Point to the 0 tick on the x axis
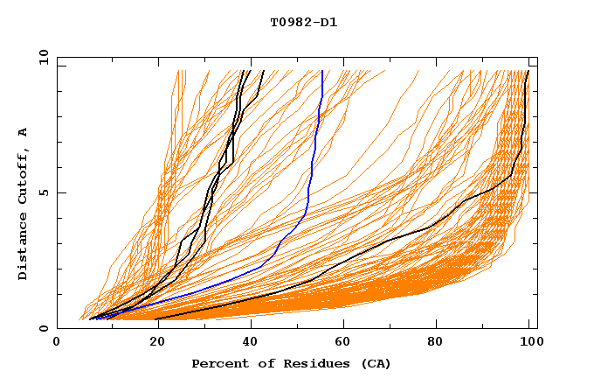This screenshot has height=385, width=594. [x=58, y=342]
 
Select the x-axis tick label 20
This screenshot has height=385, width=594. [x=152, y=342]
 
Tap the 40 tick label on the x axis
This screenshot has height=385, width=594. [x=246, y=342]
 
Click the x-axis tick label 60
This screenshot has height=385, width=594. [x=342, y=342]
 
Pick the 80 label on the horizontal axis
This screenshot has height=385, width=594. [x=436, y=342]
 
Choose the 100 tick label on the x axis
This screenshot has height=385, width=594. [x=528, y=342]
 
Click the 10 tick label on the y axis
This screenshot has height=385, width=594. [x=43, y=57]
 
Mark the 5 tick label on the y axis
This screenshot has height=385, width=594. [x=46, y=192]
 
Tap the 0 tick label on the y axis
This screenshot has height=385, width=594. [x=46, y=328]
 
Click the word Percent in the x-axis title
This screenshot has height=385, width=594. [x=216, y=363]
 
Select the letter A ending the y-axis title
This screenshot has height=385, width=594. [x=24, y=132]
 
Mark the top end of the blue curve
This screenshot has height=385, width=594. [x=322, y=71]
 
